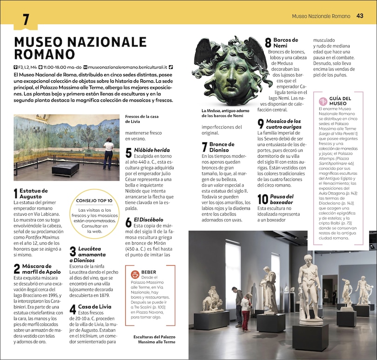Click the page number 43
coord(360,16)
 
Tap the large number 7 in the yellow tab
coord(26,20)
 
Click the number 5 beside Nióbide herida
coord(128,153)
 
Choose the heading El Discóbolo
coord(148,219)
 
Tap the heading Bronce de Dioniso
coord(222,147)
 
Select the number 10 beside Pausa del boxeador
coord(263,200)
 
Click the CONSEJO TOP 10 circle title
coord(94,200)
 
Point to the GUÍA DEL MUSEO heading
coord(341,101)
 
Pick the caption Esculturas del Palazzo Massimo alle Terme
coord(154,339)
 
